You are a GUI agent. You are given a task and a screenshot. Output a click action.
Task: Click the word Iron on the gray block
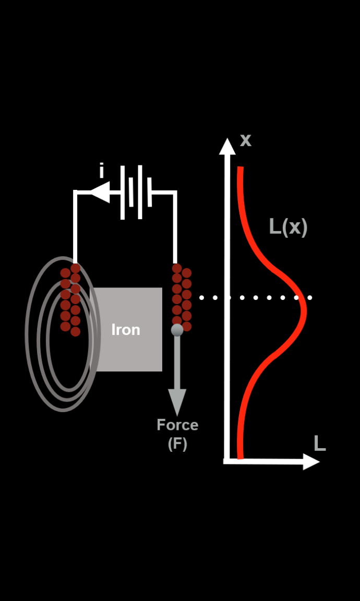[126, 330]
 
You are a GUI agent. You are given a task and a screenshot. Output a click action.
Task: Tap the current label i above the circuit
[102, 171]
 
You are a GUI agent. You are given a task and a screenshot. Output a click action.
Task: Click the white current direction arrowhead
[100, 193]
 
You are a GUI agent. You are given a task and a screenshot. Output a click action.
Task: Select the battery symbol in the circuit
[136, 193]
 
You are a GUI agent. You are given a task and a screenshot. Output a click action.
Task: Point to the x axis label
[245, 140]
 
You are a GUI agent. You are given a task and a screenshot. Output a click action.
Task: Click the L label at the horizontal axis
[319, 443]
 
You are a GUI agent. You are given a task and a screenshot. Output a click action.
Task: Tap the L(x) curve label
[288, 227]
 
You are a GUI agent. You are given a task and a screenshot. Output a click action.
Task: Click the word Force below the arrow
[177, 425]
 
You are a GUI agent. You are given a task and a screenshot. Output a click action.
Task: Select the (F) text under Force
[177, 444]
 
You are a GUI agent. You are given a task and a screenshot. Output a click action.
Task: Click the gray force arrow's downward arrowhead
[177, 403]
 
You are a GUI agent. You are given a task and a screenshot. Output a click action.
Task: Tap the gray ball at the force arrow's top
[177, 330]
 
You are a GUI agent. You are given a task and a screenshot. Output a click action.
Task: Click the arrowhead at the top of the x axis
[227, 146]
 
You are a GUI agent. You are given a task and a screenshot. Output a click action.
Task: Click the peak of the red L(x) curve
[305, 311]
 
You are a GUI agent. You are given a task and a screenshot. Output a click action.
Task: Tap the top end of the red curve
[240, 168]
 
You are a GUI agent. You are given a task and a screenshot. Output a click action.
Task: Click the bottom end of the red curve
[240, 458]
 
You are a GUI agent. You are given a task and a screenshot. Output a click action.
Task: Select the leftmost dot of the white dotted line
[201, 298]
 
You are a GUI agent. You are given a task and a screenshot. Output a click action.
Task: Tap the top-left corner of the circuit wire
[75, 193]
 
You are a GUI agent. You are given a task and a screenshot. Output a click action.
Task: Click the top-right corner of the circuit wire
[175, 193]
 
